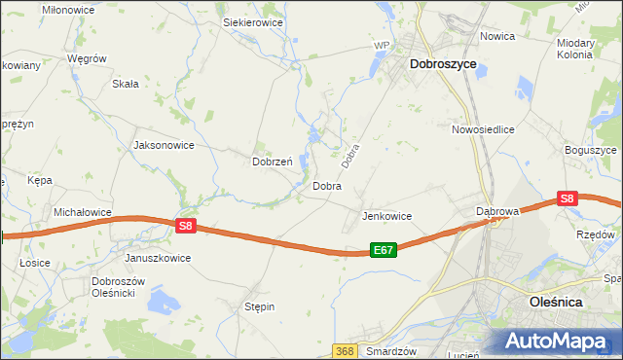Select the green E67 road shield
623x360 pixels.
tap(384, 250)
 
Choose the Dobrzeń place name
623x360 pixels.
tap(274, 162)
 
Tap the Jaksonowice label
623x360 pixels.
tap(164, 145)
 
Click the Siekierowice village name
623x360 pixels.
tap(252, 20)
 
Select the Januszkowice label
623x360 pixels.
tap(158, 258)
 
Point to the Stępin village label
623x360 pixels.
tap(259, 306)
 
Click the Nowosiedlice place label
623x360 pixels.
tap(483, 128)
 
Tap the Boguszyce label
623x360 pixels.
tap(591, 151)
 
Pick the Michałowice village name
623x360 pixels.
tap(85, 211)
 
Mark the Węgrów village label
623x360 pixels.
tap(86, 58)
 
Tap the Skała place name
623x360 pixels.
tap(126, 84)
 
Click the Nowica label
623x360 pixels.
tap(497, 36)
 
